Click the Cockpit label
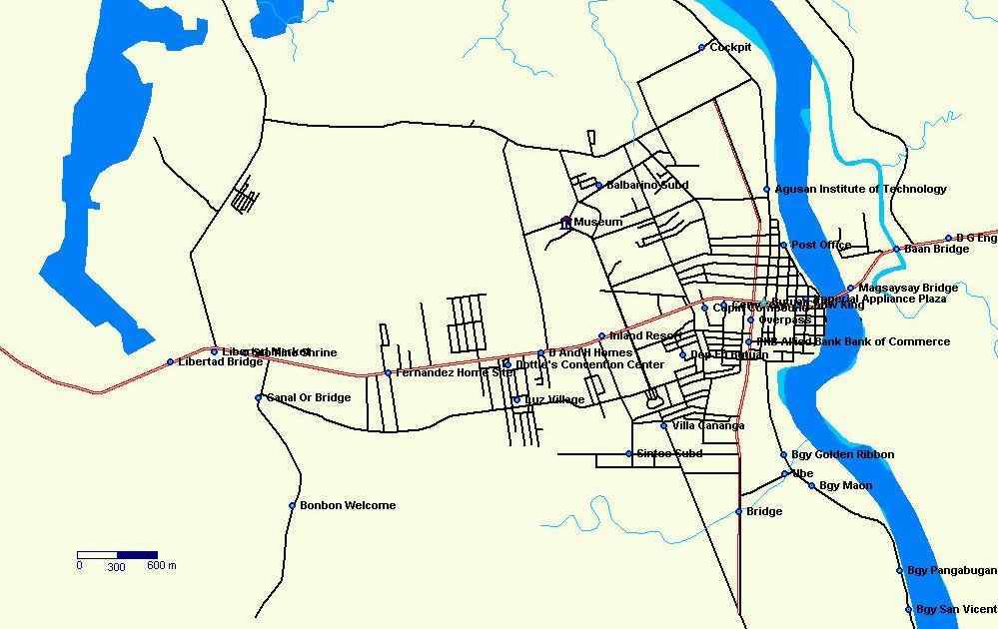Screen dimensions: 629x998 pos(730,47)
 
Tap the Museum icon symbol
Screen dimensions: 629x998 pos(565,223)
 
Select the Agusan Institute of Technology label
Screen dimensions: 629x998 pos(860,189)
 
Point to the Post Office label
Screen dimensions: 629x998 pos(821,245)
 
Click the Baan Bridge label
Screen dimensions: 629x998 pos(936,249)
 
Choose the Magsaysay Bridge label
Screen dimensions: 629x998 pos(908,288)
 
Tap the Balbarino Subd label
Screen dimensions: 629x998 pos(647,185)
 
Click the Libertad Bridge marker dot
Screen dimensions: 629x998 pos(170,361)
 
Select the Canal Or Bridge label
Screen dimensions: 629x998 pos(308,397)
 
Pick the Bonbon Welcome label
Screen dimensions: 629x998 pos(348,505)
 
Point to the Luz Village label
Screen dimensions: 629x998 pos(554,399)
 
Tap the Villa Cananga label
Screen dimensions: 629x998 pos(708,425)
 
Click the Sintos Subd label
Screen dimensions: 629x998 pos(669,453)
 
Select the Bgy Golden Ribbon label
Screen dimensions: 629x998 pos(842,454)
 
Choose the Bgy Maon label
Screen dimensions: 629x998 pos(845,485)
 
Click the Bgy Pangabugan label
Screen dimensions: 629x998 pos(951,570)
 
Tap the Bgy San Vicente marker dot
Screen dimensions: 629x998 pos(909,609)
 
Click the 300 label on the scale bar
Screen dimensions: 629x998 pos(117,566)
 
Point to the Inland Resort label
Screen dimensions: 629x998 pos(644,335)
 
